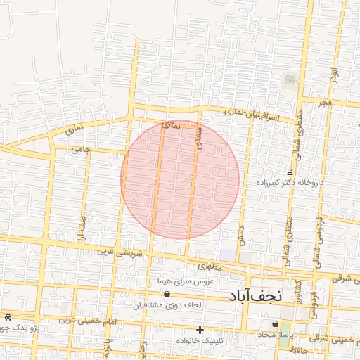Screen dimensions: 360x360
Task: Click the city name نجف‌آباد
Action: coord(255,295)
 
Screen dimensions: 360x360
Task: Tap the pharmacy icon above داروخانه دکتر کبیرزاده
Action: coord(290,173)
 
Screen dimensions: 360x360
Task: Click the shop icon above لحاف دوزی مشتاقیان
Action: coord(167,295)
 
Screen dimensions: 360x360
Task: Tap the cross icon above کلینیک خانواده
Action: coord(200,330)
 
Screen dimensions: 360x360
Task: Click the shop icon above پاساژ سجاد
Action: coord(274,324)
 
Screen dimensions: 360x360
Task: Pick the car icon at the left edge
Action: coord(6,318)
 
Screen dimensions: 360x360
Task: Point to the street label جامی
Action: coord(82,150)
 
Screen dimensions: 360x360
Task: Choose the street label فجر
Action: coord(323,103)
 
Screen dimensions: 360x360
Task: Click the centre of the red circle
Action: coord(180,180)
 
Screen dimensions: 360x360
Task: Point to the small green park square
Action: coord(289,80)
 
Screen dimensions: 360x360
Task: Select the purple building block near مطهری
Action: coord(228,253)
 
